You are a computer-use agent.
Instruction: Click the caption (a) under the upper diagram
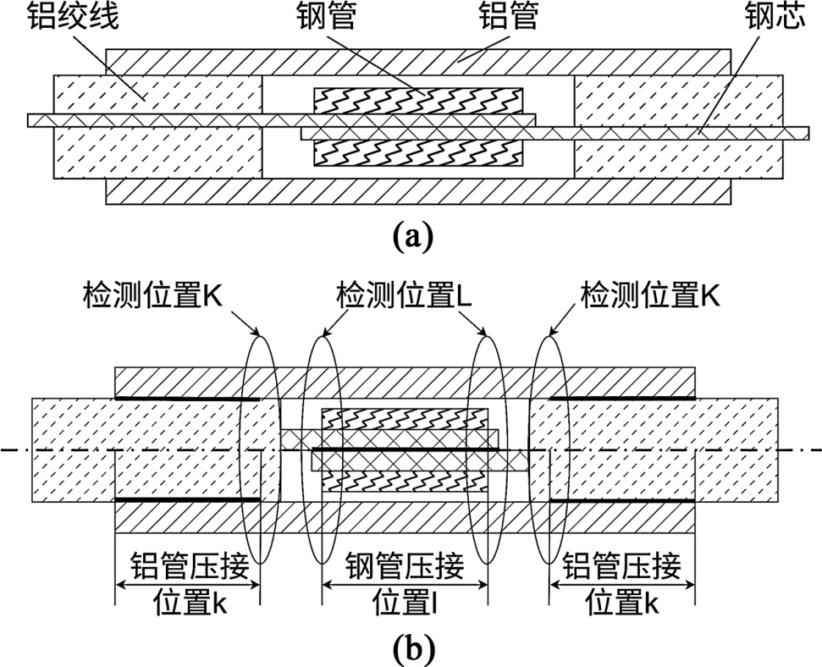click(x=413, y=234)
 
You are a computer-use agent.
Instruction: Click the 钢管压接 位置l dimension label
click(x=405, y=583)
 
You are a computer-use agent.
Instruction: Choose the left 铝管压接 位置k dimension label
click(x=188, y=583)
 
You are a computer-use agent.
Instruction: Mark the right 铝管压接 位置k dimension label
click(x=622, y=583)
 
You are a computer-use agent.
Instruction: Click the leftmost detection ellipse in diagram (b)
click(x=260, y=449)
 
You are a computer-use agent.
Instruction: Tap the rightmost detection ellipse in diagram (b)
click(x=549, y=449)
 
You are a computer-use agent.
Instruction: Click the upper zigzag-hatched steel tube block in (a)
click(x=418, y=101)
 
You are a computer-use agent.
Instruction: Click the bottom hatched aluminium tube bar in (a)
click(x=418, y=191)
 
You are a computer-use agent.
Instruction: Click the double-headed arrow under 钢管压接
click(x=405, y=584)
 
